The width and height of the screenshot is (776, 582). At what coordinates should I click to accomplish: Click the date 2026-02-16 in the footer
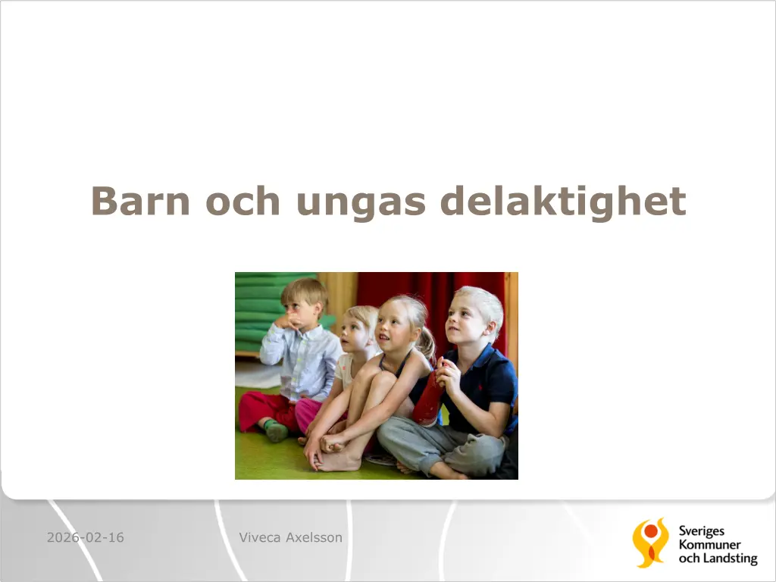pos(86,537)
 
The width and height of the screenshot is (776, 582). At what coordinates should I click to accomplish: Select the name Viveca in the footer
pos(260,537)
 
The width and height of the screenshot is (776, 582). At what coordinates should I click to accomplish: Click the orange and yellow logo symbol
pos(649,543)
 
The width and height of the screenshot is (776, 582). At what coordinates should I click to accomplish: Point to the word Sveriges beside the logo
pos(701,531)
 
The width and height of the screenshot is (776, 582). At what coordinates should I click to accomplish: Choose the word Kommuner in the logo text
pos(709,545)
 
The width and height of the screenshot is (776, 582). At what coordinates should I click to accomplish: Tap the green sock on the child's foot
pos(275,430)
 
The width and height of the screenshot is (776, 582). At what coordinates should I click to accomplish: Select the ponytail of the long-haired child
pos(426,343)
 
